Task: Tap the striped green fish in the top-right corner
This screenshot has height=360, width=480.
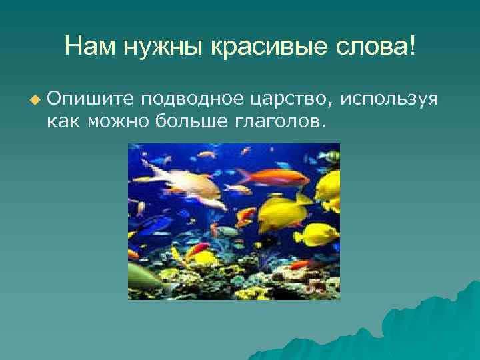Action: click(328, 156)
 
